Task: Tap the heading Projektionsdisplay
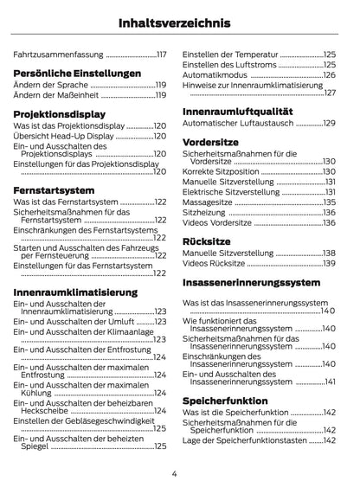(x=59, y=113)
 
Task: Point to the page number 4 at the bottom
(x=174, y=472)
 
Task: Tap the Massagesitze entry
(x=208, y=200)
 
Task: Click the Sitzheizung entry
(x=204, y=211)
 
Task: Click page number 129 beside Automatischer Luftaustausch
(x=329, y=123)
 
